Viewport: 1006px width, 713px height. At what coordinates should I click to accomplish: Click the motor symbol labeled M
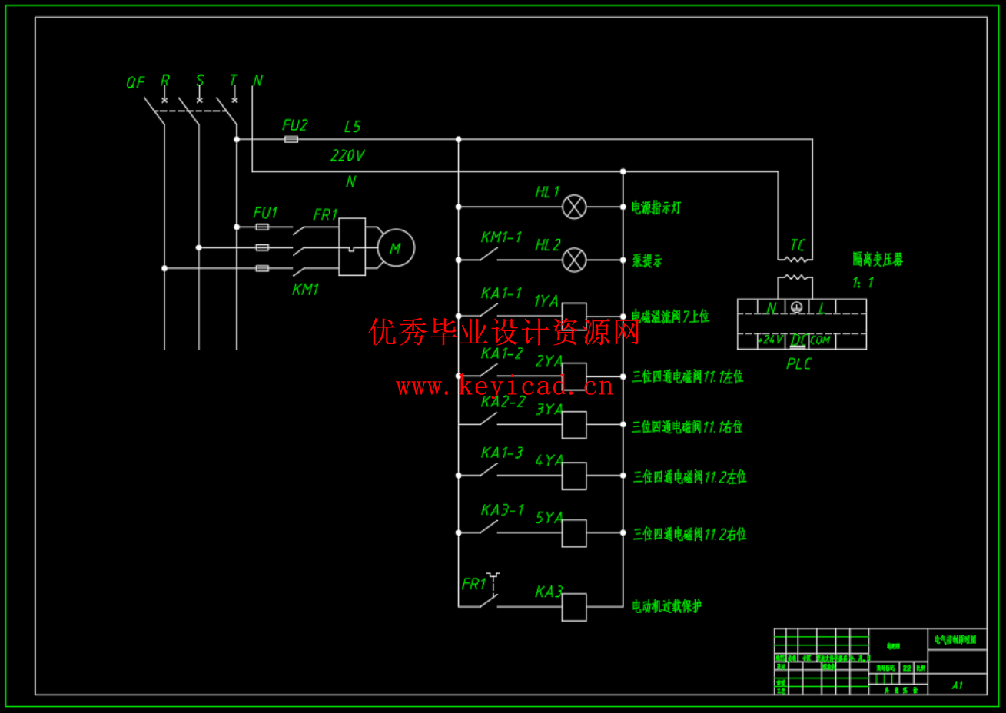pyautogui.click(x=396, y=248)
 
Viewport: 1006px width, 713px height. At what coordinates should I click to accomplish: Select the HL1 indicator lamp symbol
pyautogui.click(x=574, y=207)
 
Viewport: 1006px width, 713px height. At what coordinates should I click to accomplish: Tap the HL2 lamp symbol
pyautogui.click(x=574, y=260)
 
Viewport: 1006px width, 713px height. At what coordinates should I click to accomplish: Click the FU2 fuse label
pyautogui.click(x=294, y=125)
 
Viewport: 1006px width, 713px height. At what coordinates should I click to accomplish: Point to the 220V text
pyautogui.click(x=347, y=155)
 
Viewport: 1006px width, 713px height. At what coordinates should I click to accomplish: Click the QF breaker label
pyautogui.click(x=135, y=82)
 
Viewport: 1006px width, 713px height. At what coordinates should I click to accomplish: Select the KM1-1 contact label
pyautogui.click(x=501, y=237)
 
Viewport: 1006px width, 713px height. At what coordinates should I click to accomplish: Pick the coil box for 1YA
pyautogui.click(x=574, y=314)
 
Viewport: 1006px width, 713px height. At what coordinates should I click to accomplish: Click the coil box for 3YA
pyautogui.click(x=574, y=425)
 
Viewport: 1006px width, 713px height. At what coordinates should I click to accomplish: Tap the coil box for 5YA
pyautogui.click(x=574, y=533)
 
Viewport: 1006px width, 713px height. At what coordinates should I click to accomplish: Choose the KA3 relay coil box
pyautogui.click(x=574, y=607)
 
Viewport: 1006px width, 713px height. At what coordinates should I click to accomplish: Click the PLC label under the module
pyautogui.click(x=798, y=364)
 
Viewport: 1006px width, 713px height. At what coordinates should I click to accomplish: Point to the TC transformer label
pyautogui.click(x=798, y=245)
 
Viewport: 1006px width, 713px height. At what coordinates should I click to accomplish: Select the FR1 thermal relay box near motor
pyautogui.click(x=352, y=247)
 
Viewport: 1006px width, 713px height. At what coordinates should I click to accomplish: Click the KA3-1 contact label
pyautogui.click(x=503, y=510)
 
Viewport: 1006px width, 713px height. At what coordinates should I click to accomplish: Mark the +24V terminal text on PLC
pyautogui.click(x=771, y=340)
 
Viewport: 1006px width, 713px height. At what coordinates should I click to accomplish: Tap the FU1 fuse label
pyautogui.click(x=265, y=213)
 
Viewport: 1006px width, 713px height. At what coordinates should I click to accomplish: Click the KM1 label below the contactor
pyautogui.click(x=305, y=290)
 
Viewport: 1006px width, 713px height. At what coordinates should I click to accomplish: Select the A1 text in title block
pyautogui.click(x=957, y=685)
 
